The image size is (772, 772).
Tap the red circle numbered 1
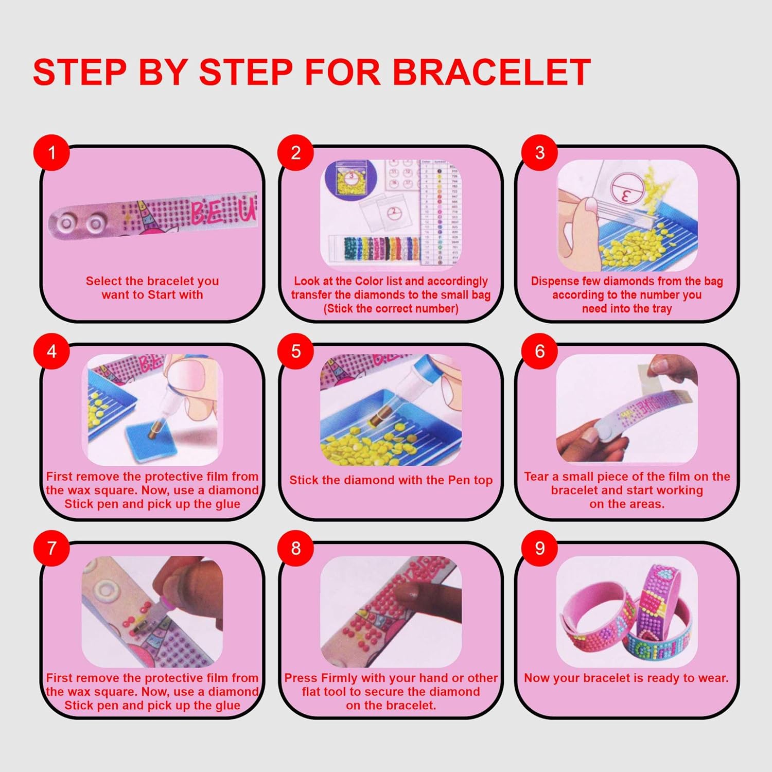coord(51,152)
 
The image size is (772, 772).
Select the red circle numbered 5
coord(295,351)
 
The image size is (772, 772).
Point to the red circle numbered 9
coord(539,548)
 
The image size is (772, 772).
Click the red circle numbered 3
coord(539,152)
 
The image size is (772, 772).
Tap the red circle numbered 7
coord(51,548)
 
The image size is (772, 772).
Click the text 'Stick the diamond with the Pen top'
coord(391,480)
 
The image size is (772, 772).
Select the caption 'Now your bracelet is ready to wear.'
coord(626,678)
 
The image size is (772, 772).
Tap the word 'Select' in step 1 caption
coord(103,281)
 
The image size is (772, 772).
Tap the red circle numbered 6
coord(539,351)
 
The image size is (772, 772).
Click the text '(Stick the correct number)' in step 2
coord(391,309)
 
